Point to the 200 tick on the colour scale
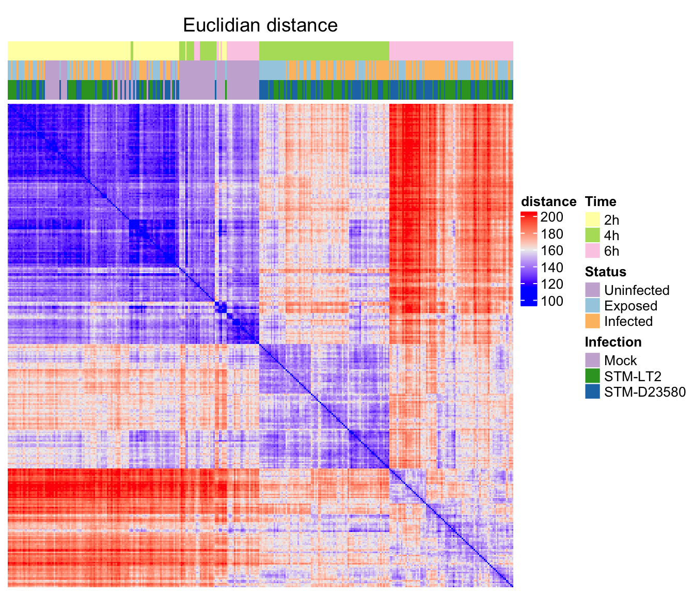[551, 217]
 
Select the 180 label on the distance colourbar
[551, 234]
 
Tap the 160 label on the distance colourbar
[551, 251]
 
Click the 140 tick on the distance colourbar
[551, 268]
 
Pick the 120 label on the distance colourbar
[551, 285]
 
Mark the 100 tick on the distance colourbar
[551, 302]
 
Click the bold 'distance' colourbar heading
[548, 201]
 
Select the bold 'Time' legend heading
[601, 201]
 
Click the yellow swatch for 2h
[592, 220]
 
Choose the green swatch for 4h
[592, 235]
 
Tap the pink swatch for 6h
[592, 251]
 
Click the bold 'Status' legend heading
[605, 272]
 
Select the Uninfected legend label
[637, 290]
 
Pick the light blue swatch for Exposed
[592, 306]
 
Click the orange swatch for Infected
[592, 321]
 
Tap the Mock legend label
[620, 361]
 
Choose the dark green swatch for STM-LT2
[592, 376]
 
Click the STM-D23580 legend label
[645, 392]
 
